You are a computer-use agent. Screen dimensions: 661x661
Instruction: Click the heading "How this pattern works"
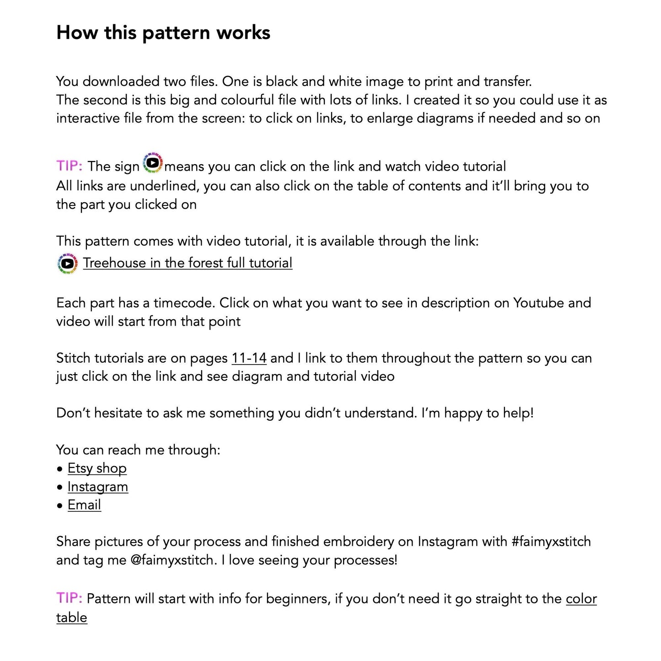[x=163, y=33]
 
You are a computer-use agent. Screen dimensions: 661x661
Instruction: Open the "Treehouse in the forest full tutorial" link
[x=188, y=263]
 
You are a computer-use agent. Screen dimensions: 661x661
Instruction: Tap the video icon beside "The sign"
[x=153, y=163]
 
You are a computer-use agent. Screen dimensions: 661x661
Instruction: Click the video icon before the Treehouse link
[x=68, y=263]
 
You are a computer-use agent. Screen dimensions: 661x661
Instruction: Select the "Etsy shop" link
[x=97, y=468]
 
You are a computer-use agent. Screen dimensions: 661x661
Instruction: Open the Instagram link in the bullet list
[x=98, y=487]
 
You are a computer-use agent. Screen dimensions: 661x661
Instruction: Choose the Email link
[x=84, y=505]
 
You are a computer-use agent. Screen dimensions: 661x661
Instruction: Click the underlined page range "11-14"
[x=249, y=358]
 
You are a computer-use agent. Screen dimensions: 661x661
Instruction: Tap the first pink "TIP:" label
[x=69, y=166]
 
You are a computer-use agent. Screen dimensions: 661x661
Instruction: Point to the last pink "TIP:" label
[x=69, y=598]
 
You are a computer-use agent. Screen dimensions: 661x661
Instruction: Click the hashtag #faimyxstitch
[x=551, y=542]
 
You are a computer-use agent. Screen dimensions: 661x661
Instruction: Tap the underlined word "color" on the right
[x=581, y=599]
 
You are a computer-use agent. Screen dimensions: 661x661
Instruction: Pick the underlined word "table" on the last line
[x=71, y=618]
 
